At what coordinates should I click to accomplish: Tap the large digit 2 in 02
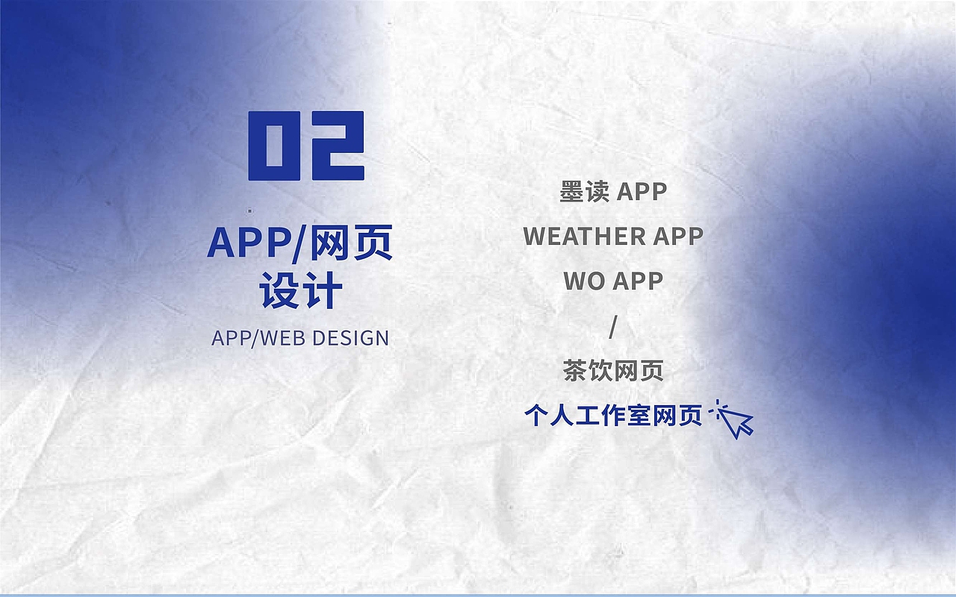click(335, 146)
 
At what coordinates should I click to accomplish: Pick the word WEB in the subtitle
click(284, 338)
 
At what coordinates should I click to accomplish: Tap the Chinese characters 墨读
click(584, 192)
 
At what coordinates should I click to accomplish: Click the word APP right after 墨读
click(642, 192)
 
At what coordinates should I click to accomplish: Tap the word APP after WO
click(638, 281)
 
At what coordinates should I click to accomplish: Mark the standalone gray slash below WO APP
click(613, 326)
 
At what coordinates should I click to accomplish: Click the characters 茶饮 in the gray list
click(588, 371)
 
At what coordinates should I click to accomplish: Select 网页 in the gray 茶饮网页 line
click(639, 371)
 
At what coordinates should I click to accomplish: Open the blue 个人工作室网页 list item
click(613, 416)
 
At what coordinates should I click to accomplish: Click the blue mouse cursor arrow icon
click(737, 420)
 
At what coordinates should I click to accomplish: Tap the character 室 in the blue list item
click(639, 416)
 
